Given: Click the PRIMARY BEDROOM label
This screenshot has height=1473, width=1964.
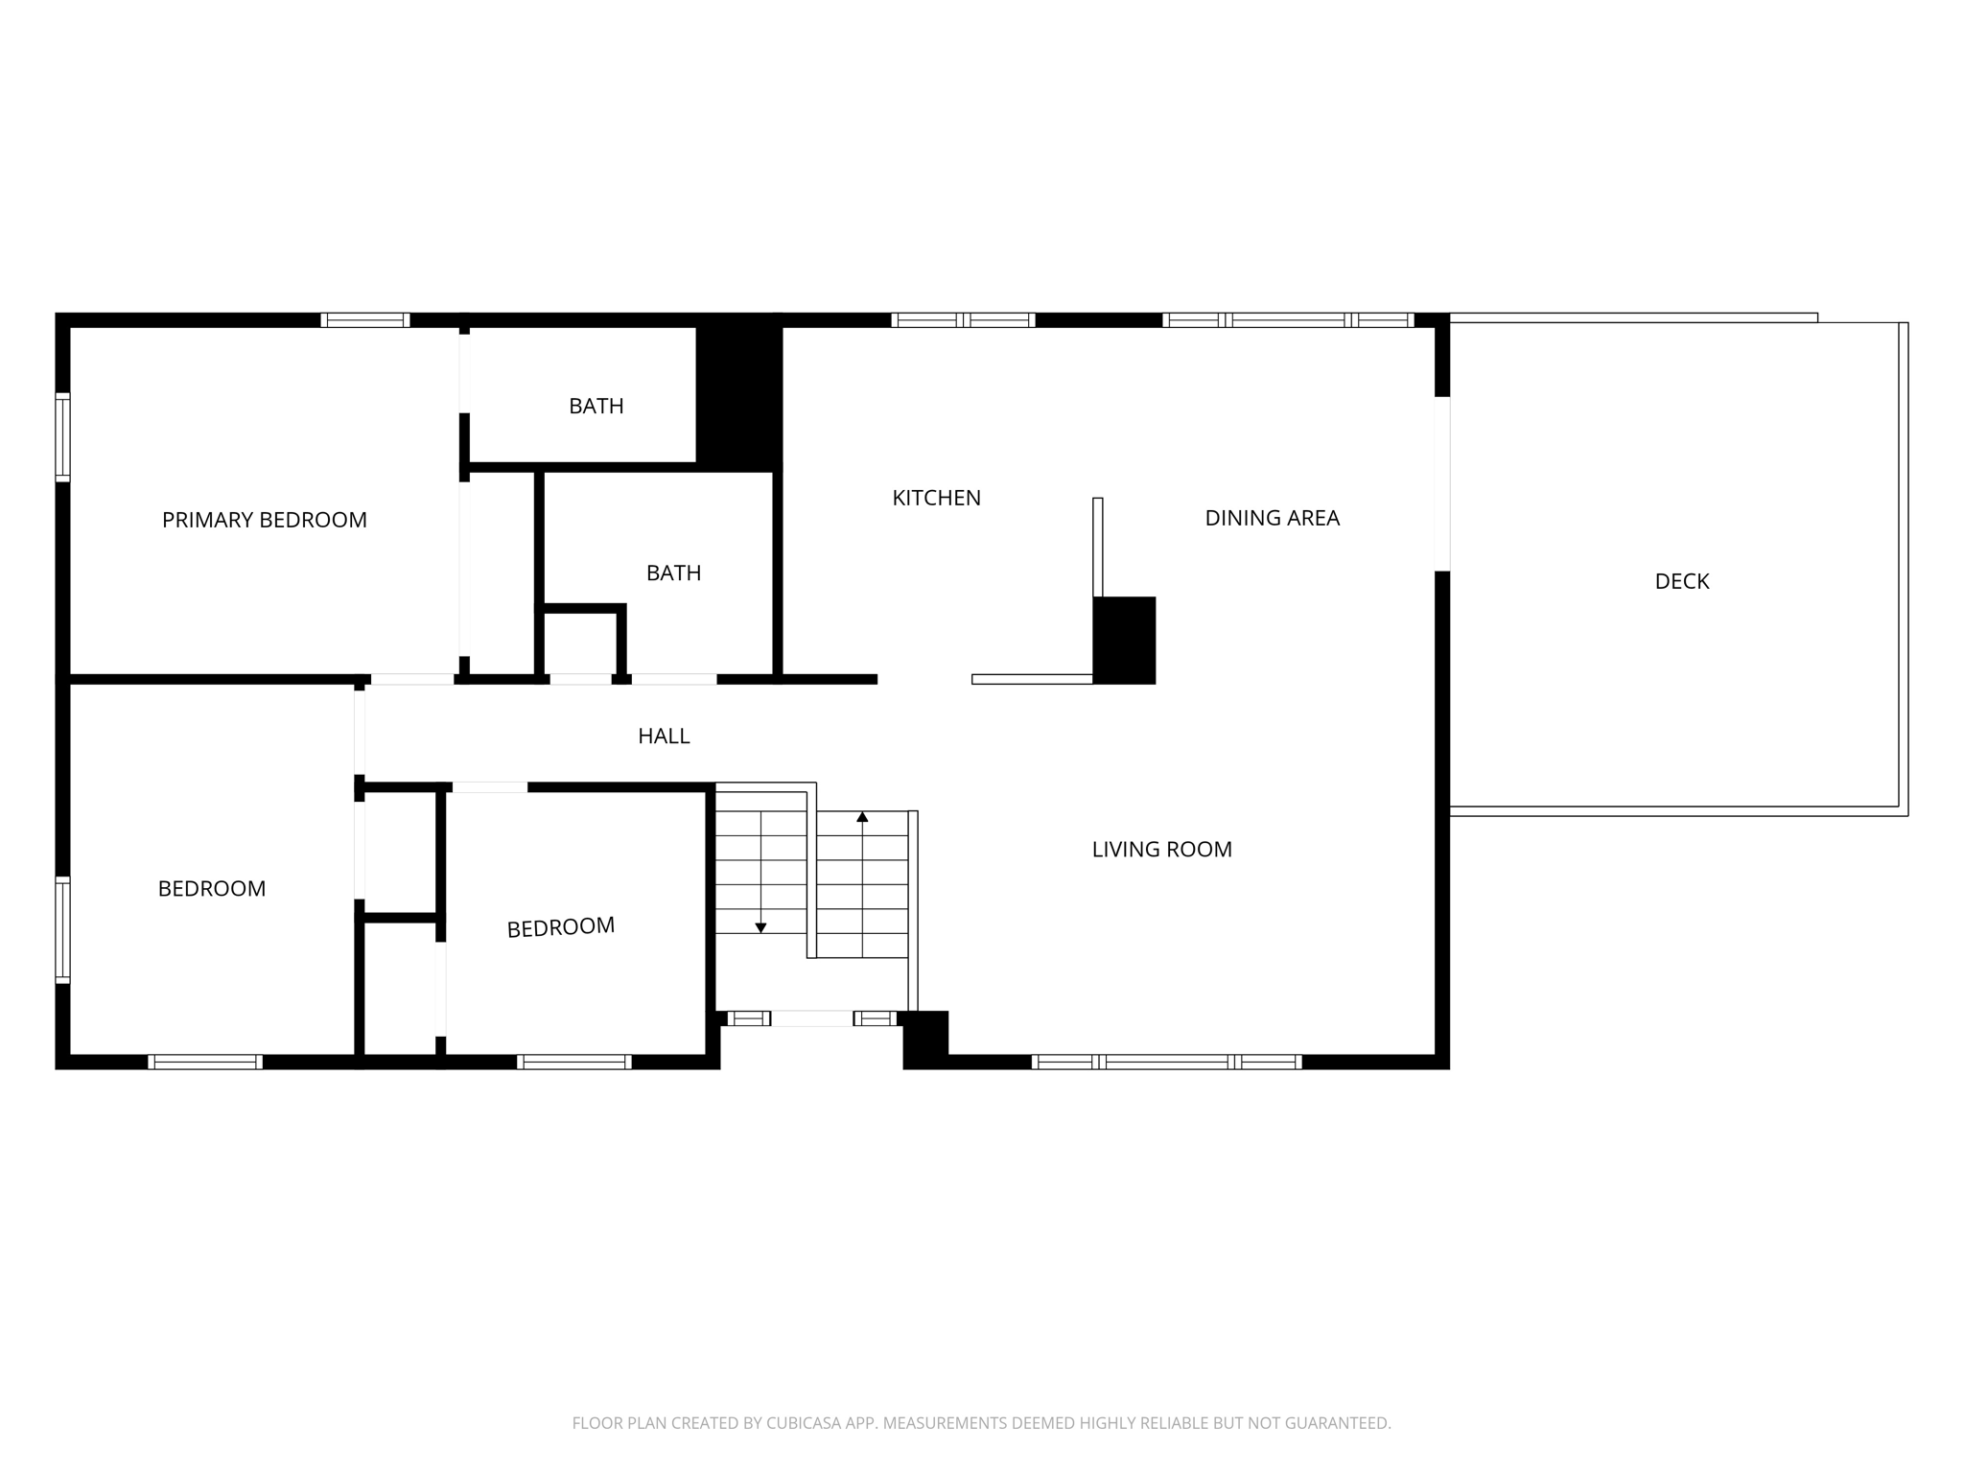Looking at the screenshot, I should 264,520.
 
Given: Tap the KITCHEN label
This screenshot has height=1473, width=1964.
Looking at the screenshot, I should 936,498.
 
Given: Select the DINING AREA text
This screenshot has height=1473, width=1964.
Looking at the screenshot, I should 1272,518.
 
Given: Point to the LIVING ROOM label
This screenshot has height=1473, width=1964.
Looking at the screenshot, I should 1161,849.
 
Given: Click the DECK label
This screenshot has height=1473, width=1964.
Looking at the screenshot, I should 1681,581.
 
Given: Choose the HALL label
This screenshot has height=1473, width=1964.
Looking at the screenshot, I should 664,736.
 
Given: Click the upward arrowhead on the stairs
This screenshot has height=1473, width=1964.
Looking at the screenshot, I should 862,817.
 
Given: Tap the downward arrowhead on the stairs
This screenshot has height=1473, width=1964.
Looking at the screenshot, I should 760,927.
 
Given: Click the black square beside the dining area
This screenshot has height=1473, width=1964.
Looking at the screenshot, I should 1124,640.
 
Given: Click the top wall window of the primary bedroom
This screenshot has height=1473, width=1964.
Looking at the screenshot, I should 364,320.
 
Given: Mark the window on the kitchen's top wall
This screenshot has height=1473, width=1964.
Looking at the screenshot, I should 963,320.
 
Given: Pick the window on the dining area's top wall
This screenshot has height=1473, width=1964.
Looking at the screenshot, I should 1288,320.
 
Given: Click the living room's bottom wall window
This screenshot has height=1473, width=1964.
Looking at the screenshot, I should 1166,1062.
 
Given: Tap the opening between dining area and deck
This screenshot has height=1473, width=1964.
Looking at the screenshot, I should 1441,483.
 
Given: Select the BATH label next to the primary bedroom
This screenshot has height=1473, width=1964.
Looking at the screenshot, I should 596,406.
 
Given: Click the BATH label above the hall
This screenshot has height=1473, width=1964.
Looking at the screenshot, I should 673,573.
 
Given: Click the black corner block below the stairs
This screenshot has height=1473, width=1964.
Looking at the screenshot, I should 925,1039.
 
